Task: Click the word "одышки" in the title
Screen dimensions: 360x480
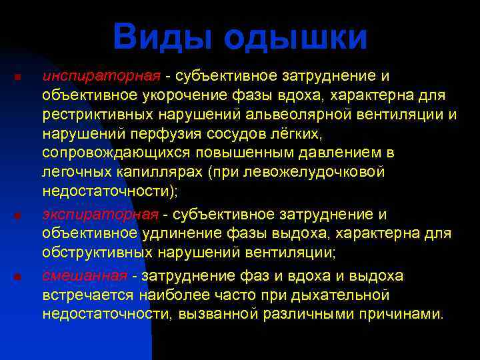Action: [x=295, y=38]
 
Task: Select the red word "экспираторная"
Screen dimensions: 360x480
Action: [x=101, y=214]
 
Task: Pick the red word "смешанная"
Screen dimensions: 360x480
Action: [x=85, y=275]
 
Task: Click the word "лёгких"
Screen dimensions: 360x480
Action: [x=293, y=134]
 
